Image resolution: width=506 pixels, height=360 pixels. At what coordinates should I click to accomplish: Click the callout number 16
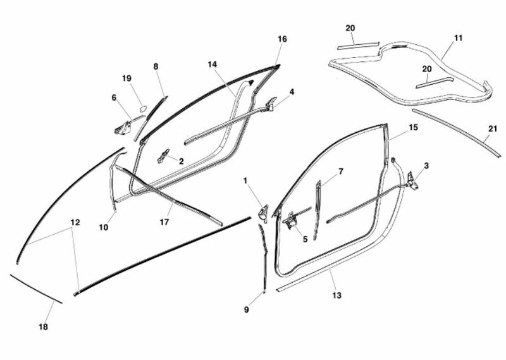coord(281,39)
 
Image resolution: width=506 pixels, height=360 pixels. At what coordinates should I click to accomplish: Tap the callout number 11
coord(458,38)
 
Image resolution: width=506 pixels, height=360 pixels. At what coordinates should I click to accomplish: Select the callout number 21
coord(493,129)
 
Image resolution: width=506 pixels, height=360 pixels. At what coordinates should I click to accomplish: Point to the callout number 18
coord(43,326)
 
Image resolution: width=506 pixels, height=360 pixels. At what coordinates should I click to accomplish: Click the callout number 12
coord(75,223)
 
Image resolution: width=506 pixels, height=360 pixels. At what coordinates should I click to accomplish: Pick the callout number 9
coord(246,309)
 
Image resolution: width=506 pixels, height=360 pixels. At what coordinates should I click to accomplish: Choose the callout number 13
coord(336,295)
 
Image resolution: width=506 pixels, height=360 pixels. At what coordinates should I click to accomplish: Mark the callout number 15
coord(413,128)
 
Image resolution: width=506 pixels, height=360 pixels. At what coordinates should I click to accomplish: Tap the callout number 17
coord(164,222)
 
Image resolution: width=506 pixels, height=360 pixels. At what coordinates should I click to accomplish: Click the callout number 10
coord(104,227)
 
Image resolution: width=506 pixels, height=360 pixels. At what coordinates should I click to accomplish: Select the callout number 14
coord(213,65)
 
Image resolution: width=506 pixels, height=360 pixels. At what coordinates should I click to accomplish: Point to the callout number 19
coord(127,78)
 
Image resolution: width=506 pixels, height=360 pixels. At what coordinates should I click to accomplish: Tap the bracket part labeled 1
coord(263,213)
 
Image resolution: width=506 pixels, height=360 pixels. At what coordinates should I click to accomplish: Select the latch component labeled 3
coord(411,182)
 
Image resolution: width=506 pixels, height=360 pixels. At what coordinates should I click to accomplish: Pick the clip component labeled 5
coord(291,221)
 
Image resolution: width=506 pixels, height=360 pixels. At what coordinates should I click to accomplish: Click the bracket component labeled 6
coord(123,127)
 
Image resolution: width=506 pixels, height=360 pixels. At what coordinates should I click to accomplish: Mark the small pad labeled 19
coord(143,108)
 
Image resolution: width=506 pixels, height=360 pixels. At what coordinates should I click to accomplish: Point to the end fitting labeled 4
coord(271,103)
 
